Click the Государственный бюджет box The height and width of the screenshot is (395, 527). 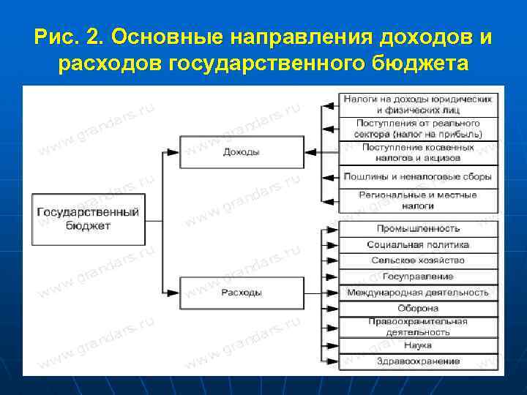(87, 219)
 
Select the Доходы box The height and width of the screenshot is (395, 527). (241, 152)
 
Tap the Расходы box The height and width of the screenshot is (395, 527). (241, 293)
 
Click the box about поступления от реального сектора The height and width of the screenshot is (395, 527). (418, 129)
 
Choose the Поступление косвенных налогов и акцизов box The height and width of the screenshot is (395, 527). (418, 152)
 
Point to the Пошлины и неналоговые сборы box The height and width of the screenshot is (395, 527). (418, 176)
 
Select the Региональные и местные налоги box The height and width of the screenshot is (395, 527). (418, 200)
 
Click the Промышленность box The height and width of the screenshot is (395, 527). (418, 228)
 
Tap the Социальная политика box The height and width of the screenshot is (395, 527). (418, 244)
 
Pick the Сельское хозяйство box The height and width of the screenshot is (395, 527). (418, 260)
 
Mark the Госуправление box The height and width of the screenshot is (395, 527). (418, 276)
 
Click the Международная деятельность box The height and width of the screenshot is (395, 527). (418, 293)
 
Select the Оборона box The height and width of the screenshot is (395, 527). (418, 309)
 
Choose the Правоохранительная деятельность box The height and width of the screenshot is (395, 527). (418, 326)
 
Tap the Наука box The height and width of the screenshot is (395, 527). (418, 345)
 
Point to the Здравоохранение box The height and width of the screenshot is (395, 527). (418, 361)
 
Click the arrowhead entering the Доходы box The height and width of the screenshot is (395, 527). (173, 152)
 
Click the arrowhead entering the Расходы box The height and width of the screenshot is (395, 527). (173, 293)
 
